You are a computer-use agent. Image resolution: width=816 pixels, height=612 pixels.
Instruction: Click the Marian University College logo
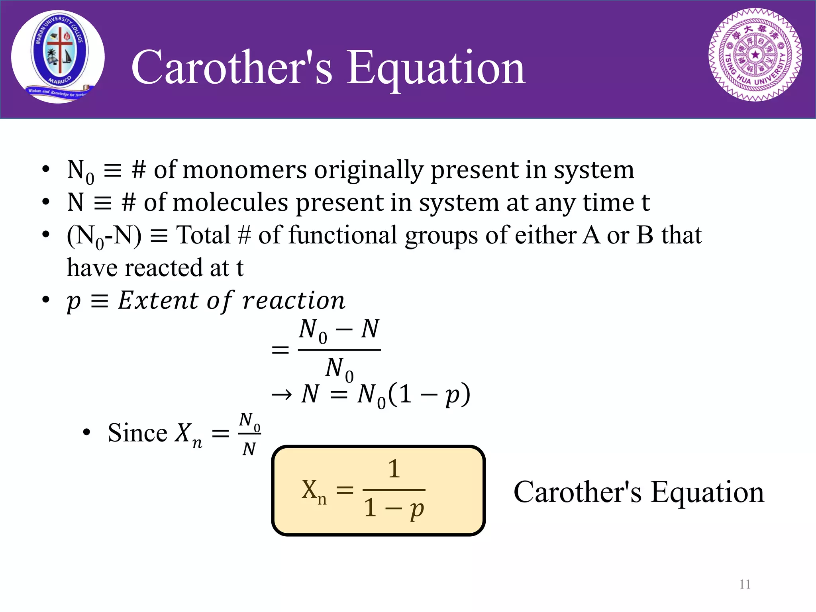tap(58, 57)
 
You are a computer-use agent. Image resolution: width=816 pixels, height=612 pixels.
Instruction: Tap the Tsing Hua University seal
tap(755, 55)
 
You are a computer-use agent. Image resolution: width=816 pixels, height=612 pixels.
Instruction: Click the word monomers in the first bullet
tap(245, 170)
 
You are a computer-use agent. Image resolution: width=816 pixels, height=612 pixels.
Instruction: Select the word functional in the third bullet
tap(342, 235)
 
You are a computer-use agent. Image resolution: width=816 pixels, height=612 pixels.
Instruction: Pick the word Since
tap(137, 433)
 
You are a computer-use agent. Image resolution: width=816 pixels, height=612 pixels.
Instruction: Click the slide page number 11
tap(745, 584)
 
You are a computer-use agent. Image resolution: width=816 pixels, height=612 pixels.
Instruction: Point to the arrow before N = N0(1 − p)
tap(282, 395)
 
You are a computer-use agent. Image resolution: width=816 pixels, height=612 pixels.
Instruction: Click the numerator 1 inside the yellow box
tap(394, 469)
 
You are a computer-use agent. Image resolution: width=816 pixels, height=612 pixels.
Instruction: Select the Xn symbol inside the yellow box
tap(314, 491)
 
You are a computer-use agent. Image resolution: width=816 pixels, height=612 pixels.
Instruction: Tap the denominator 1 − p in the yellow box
tap(394, 508)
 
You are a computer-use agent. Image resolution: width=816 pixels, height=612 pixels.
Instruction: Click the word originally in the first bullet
tap(368, 170)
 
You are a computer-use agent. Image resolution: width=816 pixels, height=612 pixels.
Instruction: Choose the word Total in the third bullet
tap(203, 235)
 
